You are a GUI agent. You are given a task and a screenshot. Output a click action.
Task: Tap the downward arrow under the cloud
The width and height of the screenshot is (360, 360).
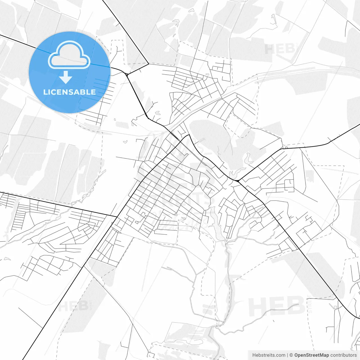point(66,77)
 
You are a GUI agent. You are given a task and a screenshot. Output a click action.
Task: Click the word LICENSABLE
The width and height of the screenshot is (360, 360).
point(69,92)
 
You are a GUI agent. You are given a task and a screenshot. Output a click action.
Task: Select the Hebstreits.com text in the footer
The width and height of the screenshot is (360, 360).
point(269,355)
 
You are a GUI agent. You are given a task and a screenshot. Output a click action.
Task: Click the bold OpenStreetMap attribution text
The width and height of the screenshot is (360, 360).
point(311,355)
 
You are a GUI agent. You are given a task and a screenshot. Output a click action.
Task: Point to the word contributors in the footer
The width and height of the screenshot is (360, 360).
point(343,355)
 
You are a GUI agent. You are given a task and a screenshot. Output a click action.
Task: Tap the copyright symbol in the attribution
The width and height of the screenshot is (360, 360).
point(291,355)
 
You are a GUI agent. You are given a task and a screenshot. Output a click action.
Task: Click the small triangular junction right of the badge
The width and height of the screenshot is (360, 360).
point(127,75)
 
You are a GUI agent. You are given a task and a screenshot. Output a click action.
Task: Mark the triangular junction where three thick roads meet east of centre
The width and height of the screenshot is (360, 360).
point(238,180)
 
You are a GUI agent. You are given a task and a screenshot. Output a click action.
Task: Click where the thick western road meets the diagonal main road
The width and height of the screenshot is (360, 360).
point(117,217)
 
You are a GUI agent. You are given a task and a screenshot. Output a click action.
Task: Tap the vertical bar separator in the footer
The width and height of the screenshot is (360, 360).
point(287,355)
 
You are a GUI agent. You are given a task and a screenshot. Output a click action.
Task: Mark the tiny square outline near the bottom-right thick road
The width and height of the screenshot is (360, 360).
point(335,307)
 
